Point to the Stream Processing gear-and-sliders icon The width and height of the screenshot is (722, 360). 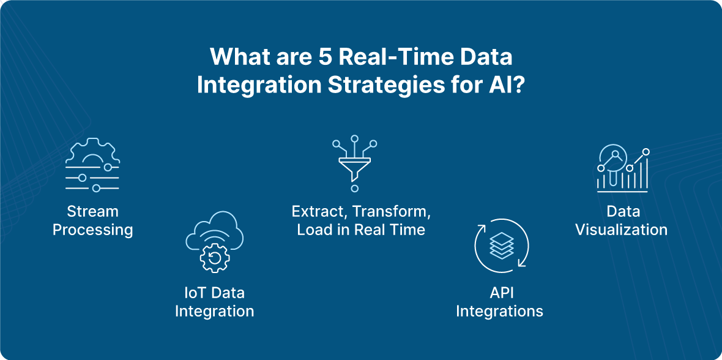[92, 165]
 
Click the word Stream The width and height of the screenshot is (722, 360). [92, 212]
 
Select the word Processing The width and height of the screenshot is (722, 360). [92, 230]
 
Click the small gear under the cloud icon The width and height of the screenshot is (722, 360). [215, 258]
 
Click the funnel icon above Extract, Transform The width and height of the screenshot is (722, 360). [354, 163]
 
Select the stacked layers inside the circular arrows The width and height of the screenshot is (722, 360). [501, 246]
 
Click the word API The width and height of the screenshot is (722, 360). [499, 293]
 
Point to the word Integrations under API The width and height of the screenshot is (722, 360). [500, 310]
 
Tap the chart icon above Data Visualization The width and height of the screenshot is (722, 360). [622, 168]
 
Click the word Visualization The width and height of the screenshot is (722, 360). [622, 230]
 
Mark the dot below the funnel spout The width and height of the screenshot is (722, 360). [354, 189]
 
